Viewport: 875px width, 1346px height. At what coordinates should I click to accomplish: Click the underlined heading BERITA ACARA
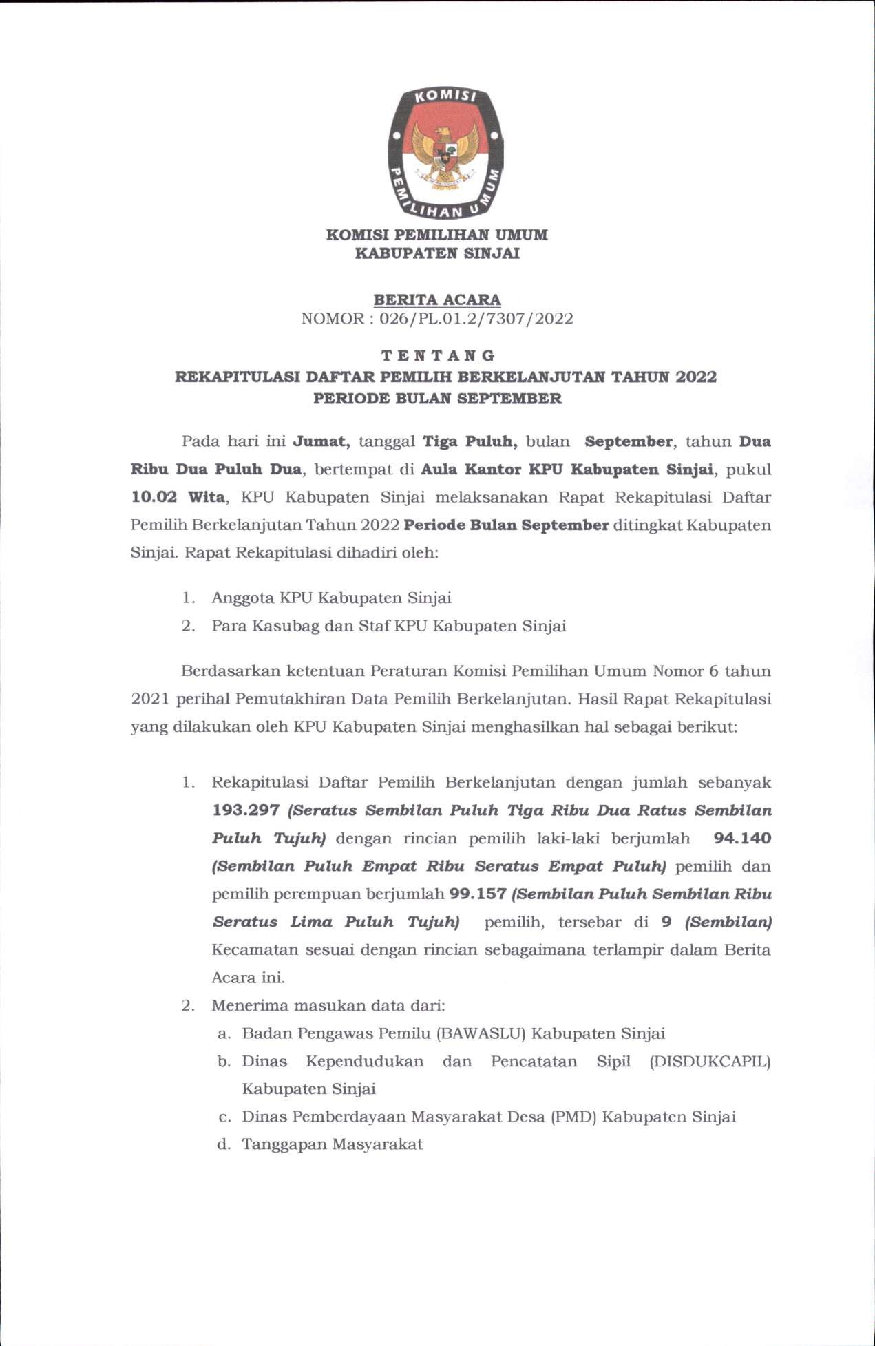pyautogui.click(x=437, y=300)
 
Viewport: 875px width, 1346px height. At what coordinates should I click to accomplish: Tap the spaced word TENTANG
pyautogui.click(x=438, y=356)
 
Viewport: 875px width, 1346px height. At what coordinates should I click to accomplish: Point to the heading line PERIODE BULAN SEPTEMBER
pyautogui.click(x=437, y=399)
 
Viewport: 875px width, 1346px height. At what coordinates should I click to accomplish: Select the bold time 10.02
pyautogui.click(x=154, y=497)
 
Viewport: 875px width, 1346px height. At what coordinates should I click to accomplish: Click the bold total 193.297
pyautogui.click(x=246, y=810)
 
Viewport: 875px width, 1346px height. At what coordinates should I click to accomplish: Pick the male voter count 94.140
pyautogui.click(x=742, y=839)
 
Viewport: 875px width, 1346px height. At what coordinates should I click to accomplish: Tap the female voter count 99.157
pyautogui.click(x=478, y=894)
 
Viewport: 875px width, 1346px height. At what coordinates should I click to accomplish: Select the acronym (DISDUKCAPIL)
pyautogui.click(x=710, y=1062)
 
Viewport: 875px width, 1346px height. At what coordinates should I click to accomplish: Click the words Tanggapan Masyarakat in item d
pyautogui.click(x=333, y=1144)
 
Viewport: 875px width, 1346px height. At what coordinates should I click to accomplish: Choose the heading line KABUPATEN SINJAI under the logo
pyautogui.click(x=437, y=253)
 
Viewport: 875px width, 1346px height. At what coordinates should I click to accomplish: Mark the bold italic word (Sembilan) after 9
pyautogui.click(x=728, y=922)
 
